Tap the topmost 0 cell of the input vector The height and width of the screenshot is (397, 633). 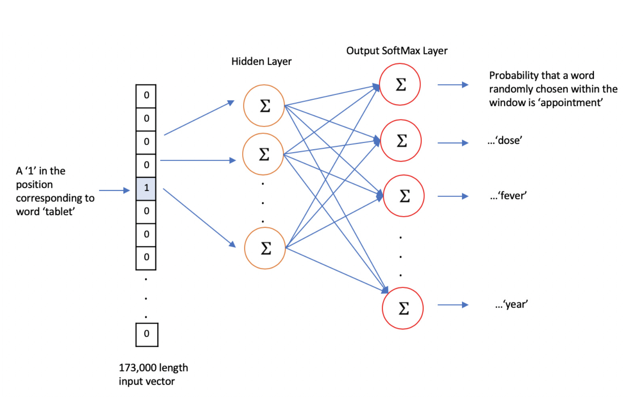pyautogui.click(x=146, y=96)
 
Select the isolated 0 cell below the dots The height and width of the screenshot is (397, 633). pyautogui.click(x=147, y=334)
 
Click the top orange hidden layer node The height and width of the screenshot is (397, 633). pyautogui.click(x=264, y=106)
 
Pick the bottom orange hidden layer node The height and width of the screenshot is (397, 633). pyautogui.click(x=265, y=248)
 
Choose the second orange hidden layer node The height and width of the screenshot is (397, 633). pyautogui.click(x=263, y=154)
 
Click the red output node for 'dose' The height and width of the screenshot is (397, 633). pyautogui.click(x=401, y=141)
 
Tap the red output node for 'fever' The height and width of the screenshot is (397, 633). pyautogui.click(x=404, y=196)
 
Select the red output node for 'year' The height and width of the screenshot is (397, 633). pyautogui.click(x=403, y=308)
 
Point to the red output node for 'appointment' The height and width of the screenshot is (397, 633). pyautogui.click(x=400, y=84)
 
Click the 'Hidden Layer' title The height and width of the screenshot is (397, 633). pyautogui.click(x=261, y=62)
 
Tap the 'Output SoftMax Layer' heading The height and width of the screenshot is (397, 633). pyautogui.click(x=397, y=51)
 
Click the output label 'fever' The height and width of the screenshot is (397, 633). pyautogui.click(x=513, y=196)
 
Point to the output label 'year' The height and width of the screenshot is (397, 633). pyautogui.click(x=516, y=305)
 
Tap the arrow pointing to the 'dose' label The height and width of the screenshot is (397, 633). pyautogui.click(x=453, y=143)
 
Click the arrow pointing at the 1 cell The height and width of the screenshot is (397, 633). pyautogui.click(x=114, y=191)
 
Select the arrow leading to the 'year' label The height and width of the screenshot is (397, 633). pyautogui.click(x=453, y=305)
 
